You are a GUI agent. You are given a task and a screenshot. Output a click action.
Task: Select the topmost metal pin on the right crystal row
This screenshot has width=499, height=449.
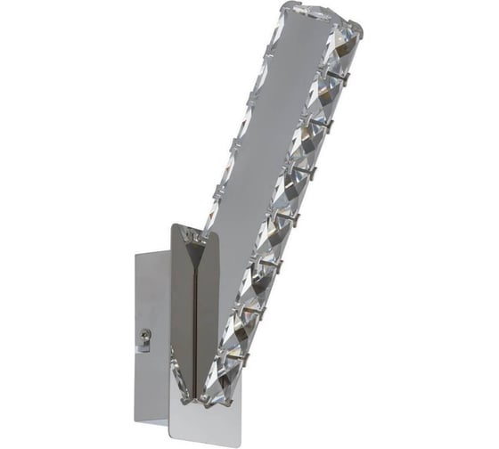(x=350, y=78)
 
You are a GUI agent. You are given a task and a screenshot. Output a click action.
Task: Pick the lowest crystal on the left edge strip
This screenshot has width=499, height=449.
(x=210, y=209)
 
